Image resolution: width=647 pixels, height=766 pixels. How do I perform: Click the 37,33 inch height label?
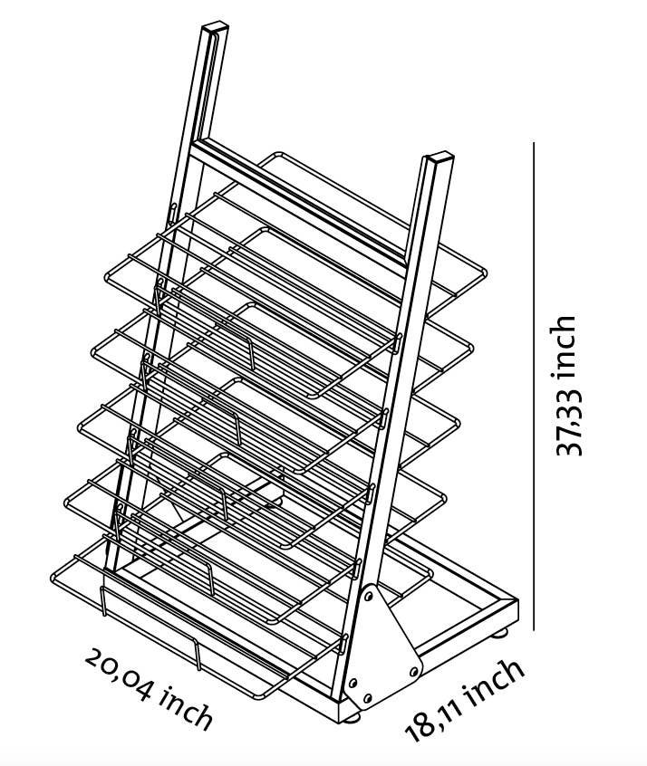565,385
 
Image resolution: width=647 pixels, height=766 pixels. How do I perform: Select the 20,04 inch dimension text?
150,688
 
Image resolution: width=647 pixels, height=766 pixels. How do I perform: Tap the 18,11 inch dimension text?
465,698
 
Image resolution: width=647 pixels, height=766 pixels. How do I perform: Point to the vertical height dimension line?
535,385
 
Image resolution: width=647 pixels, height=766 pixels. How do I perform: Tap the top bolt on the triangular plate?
370,595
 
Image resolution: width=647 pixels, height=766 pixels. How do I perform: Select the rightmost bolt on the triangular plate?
413,671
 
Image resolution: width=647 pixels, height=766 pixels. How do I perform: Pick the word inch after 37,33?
565,344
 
